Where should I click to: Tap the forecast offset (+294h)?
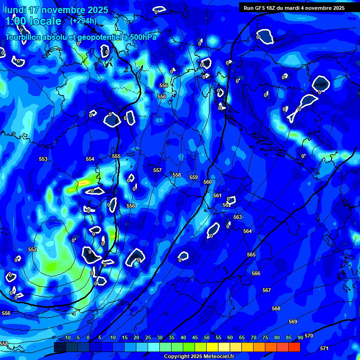(83, 21)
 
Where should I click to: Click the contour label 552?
(32, 250)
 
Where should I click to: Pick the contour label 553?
(43, 159)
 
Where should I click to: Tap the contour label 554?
(90, 159)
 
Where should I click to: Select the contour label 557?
(157, 171)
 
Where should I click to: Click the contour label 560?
(208, 182)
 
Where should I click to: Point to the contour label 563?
(238, 217)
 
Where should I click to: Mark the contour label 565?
(251, 255)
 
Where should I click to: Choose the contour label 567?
(267, 291)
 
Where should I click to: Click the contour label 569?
(293, 322)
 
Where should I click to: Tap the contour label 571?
(324, 348)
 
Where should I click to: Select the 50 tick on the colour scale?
(206, 337)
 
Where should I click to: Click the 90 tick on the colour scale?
(300, 337)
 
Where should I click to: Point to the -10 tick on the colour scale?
(67, 337)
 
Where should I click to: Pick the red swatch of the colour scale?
(294, 347)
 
